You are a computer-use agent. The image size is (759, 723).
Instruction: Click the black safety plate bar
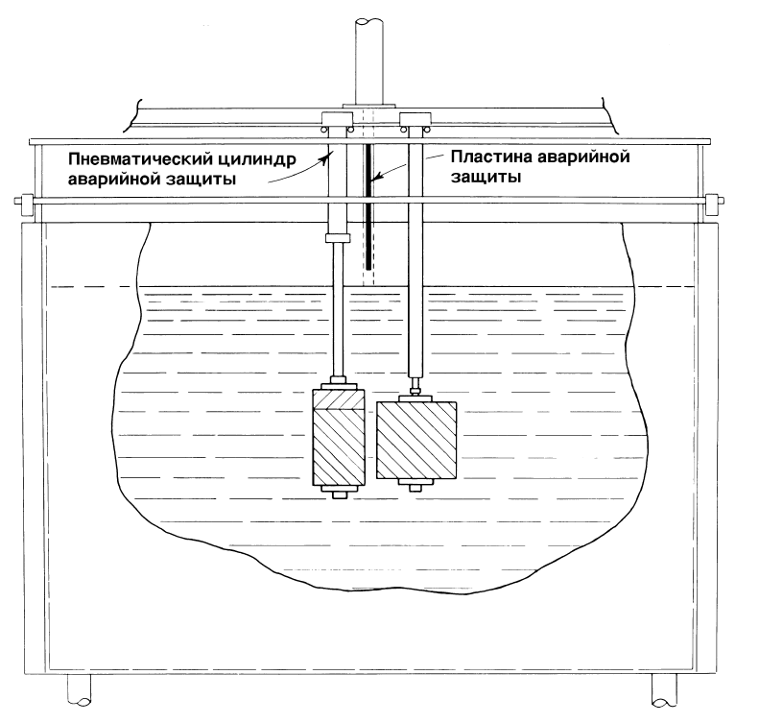(368, 206)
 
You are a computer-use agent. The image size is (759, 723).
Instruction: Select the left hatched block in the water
(338, 436)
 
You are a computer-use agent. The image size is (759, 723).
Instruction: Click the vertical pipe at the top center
(368, 61)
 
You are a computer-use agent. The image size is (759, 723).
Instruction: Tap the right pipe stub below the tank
(664, 689)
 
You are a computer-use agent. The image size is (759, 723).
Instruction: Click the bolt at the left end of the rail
(25, 200)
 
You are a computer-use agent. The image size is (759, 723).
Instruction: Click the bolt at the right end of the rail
(715, 200)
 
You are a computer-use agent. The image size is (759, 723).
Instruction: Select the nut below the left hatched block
(339, 495)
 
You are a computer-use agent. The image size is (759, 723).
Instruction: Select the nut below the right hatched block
(415, 488)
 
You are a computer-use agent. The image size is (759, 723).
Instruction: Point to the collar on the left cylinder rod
(338, 238)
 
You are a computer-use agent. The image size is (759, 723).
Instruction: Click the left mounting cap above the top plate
(338, 119)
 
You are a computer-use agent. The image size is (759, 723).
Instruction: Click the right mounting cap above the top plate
(415, 119)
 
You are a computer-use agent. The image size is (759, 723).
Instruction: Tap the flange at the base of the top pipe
(368, 106)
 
